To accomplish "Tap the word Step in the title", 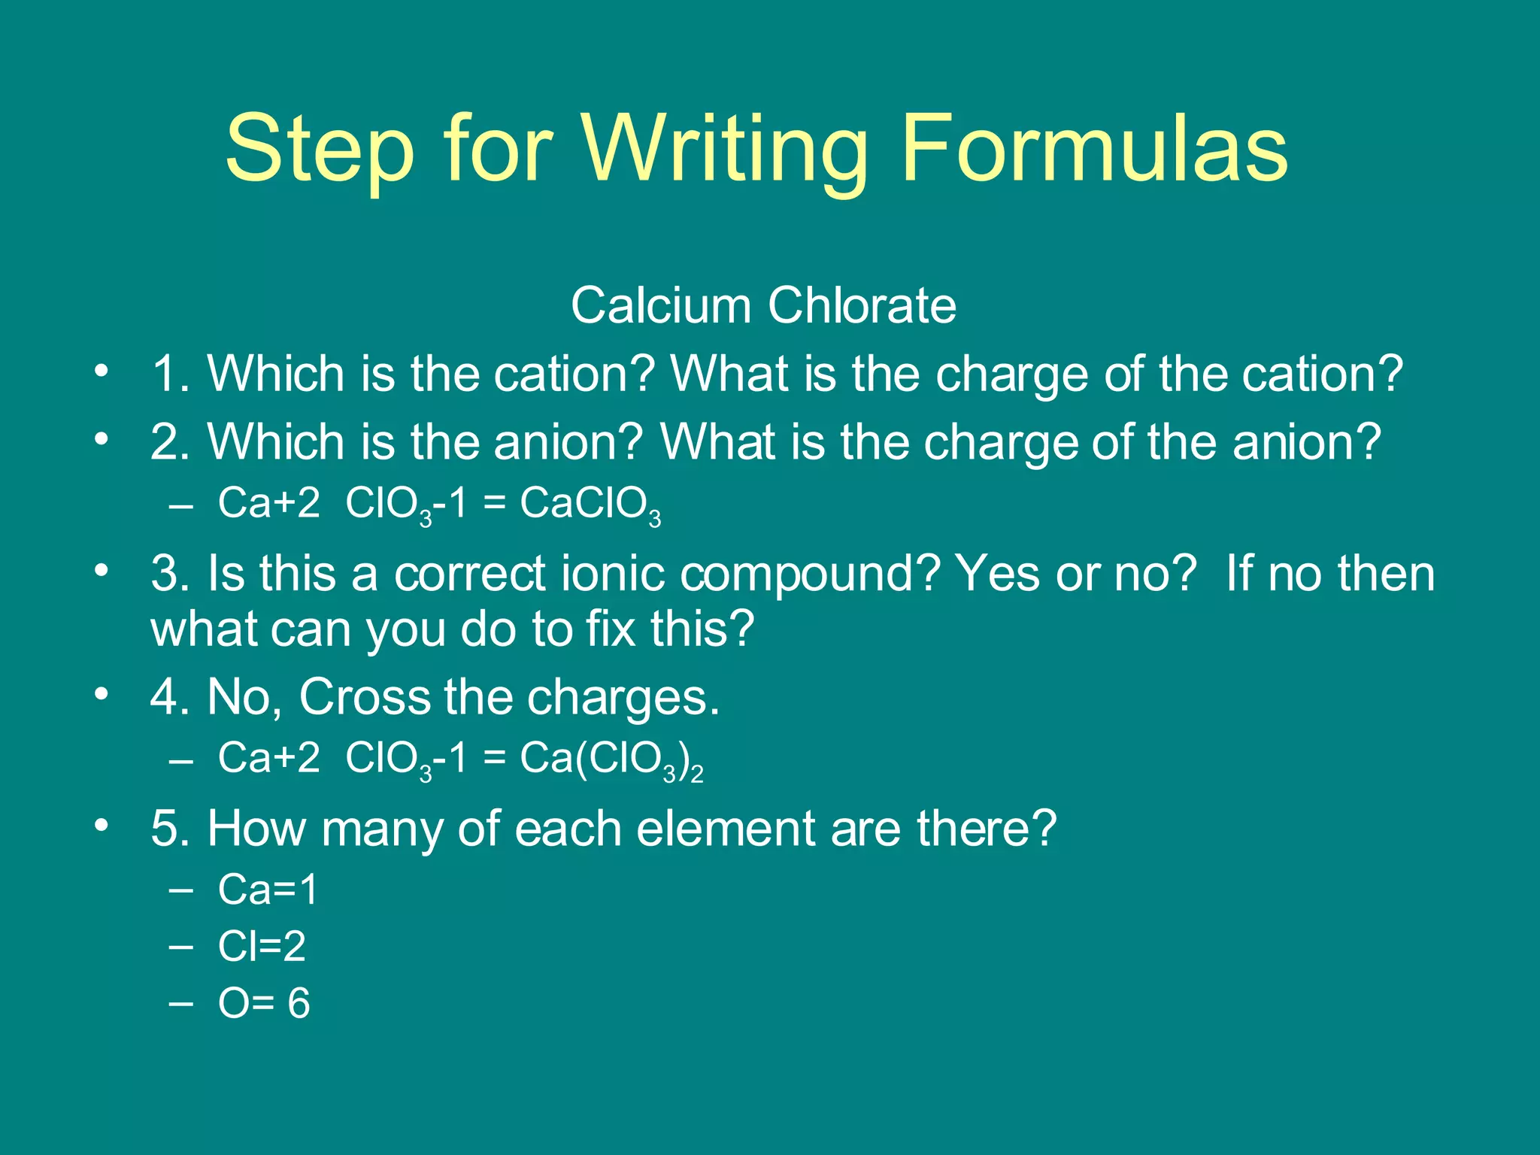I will coord(320,150).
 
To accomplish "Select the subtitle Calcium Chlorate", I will coord(763,305).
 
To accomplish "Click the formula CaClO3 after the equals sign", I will coord(590,505).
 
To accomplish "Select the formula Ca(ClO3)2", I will coord(611,759).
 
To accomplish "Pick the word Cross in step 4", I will coord(364,697).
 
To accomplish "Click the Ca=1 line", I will coord(268,890).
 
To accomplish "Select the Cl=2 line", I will coord(262,946).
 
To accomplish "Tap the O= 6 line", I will coord(263,1003).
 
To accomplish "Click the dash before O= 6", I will coord(181,1003).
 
